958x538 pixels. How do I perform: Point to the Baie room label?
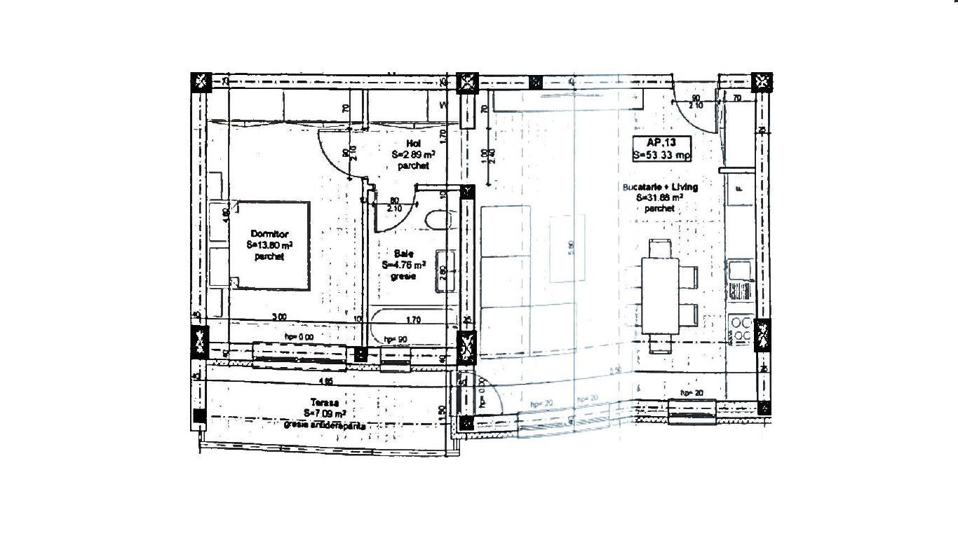pyautogui.click(x=404, y=265)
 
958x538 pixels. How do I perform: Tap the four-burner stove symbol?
pyautogui.click(x=741, y=330)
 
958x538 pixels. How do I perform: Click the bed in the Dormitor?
pyautogui.click(x=269, y=245)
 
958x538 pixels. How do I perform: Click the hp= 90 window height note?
pyautogui.click(x=396, y=340)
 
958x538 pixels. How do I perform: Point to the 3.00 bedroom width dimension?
pyautogui.click(x=279, y=317)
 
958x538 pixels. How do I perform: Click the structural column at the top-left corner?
pyautogui.click(x=201, y=81)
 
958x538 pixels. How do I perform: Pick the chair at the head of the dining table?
pyautogui.click(x=660, y=247)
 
